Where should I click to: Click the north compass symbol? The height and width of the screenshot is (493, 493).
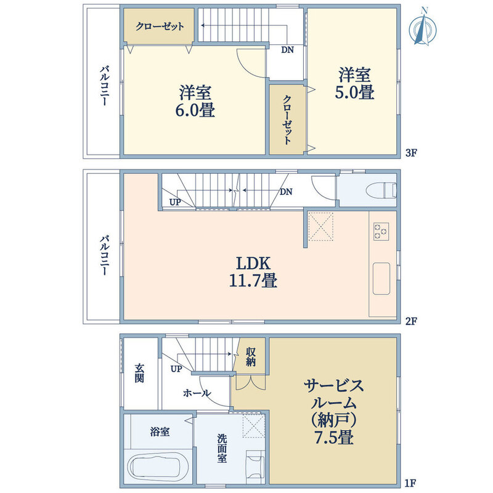[x=423, y=28]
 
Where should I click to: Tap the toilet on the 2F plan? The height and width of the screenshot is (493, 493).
[x=381, y=190]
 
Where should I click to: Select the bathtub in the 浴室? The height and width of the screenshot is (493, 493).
[x=158, y=467]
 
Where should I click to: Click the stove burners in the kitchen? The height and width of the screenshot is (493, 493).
[x=381, y=232]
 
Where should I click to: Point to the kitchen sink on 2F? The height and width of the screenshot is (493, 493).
[x=381, y=279]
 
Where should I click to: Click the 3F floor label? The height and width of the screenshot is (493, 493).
[x=411, y=153]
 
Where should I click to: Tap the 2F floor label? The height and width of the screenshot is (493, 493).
[x=411, y=321]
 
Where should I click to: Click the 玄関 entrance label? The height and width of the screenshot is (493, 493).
[x=139, y=373]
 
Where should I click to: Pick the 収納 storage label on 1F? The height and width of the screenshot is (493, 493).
[x=251, y=357]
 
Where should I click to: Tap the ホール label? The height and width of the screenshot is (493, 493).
[x=197, y=393]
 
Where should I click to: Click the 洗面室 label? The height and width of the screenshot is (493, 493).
[x=222, y=449]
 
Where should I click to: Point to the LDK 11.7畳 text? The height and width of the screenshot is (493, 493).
[x=253, y=272]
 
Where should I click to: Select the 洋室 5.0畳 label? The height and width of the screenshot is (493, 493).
[x=355, y=83]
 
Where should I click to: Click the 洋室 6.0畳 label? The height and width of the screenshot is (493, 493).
[x=195, y=101]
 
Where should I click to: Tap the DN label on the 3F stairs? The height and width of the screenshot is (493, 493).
[x=287, y=50]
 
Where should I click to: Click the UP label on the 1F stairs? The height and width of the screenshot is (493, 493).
[x=176, y=369]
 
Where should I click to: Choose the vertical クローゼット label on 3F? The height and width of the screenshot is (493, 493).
[x=287, y=120]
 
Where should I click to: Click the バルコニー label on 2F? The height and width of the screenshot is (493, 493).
[x=104, y=255]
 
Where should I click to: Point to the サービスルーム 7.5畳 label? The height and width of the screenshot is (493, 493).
[x=334, y=412]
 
